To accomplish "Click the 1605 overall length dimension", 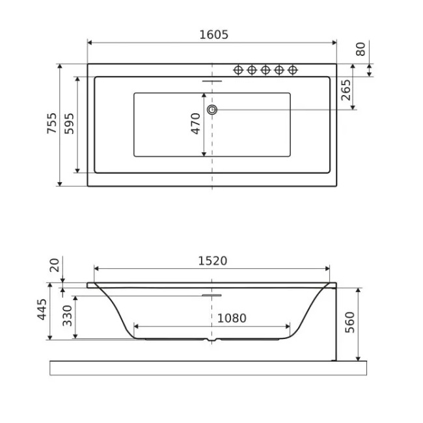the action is pos(213,34).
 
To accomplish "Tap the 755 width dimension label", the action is pos(52,123).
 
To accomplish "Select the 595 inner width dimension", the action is pos(69,124).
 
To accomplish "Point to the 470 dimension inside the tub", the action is pos(196,124).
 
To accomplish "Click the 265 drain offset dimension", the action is pos(346,90).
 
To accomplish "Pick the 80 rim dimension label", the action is pos(361,49).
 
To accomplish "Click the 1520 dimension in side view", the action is pos(213,261).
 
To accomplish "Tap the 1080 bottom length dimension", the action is pos(232,318).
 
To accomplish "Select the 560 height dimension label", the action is pos(349,322).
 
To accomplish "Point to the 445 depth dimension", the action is pos(42,309).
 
